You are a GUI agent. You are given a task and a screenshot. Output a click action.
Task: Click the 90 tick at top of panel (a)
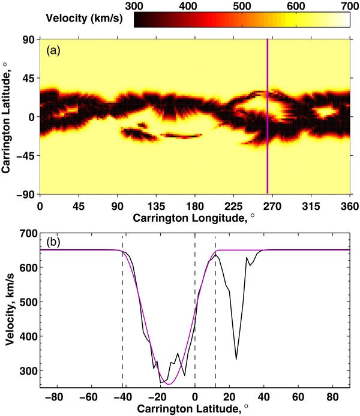tap(26, 40)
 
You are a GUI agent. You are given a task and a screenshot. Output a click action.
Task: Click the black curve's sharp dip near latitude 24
tap(236, 359)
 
